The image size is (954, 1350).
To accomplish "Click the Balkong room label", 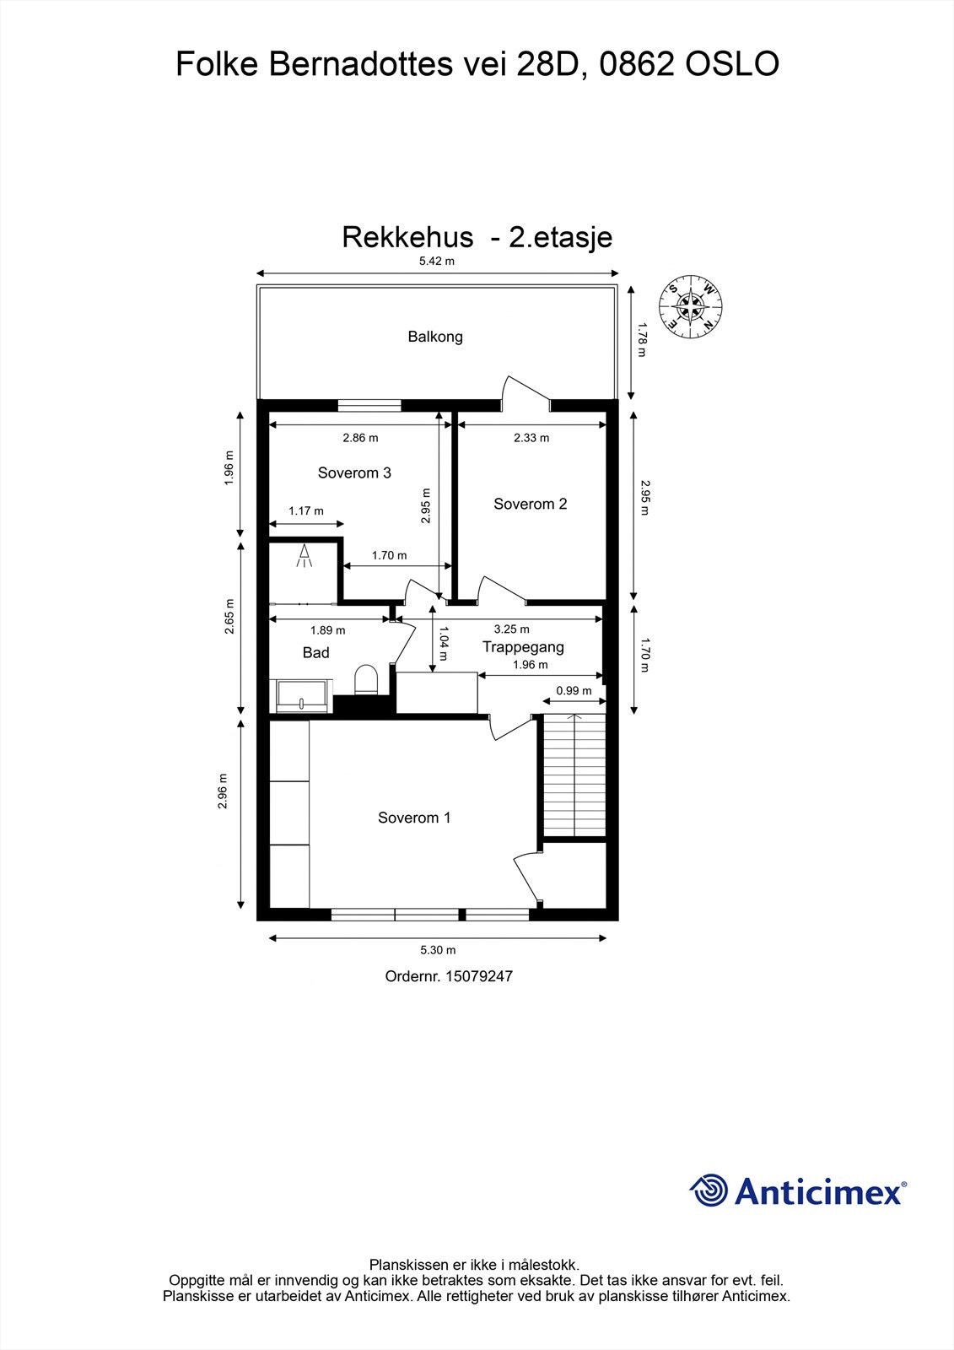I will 435,337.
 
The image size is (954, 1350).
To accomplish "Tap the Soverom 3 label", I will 354,472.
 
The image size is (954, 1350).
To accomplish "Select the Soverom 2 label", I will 530,504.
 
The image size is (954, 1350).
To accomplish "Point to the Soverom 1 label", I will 414,818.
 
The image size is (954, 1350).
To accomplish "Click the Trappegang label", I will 523,647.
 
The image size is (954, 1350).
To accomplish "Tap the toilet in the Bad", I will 365,679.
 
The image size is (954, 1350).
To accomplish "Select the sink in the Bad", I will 303,694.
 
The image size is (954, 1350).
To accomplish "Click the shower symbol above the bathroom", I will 305,555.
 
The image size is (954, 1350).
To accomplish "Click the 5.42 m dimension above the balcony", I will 437,261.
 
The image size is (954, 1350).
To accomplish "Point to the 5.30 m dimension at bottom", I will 437,950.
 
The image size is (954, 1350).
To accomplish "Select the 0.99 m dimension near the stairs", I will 574,690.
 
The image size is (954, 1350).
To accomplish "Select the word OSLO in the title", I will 731,64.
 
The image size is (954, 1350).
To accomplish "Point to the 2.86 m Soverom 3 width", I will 360,438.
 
